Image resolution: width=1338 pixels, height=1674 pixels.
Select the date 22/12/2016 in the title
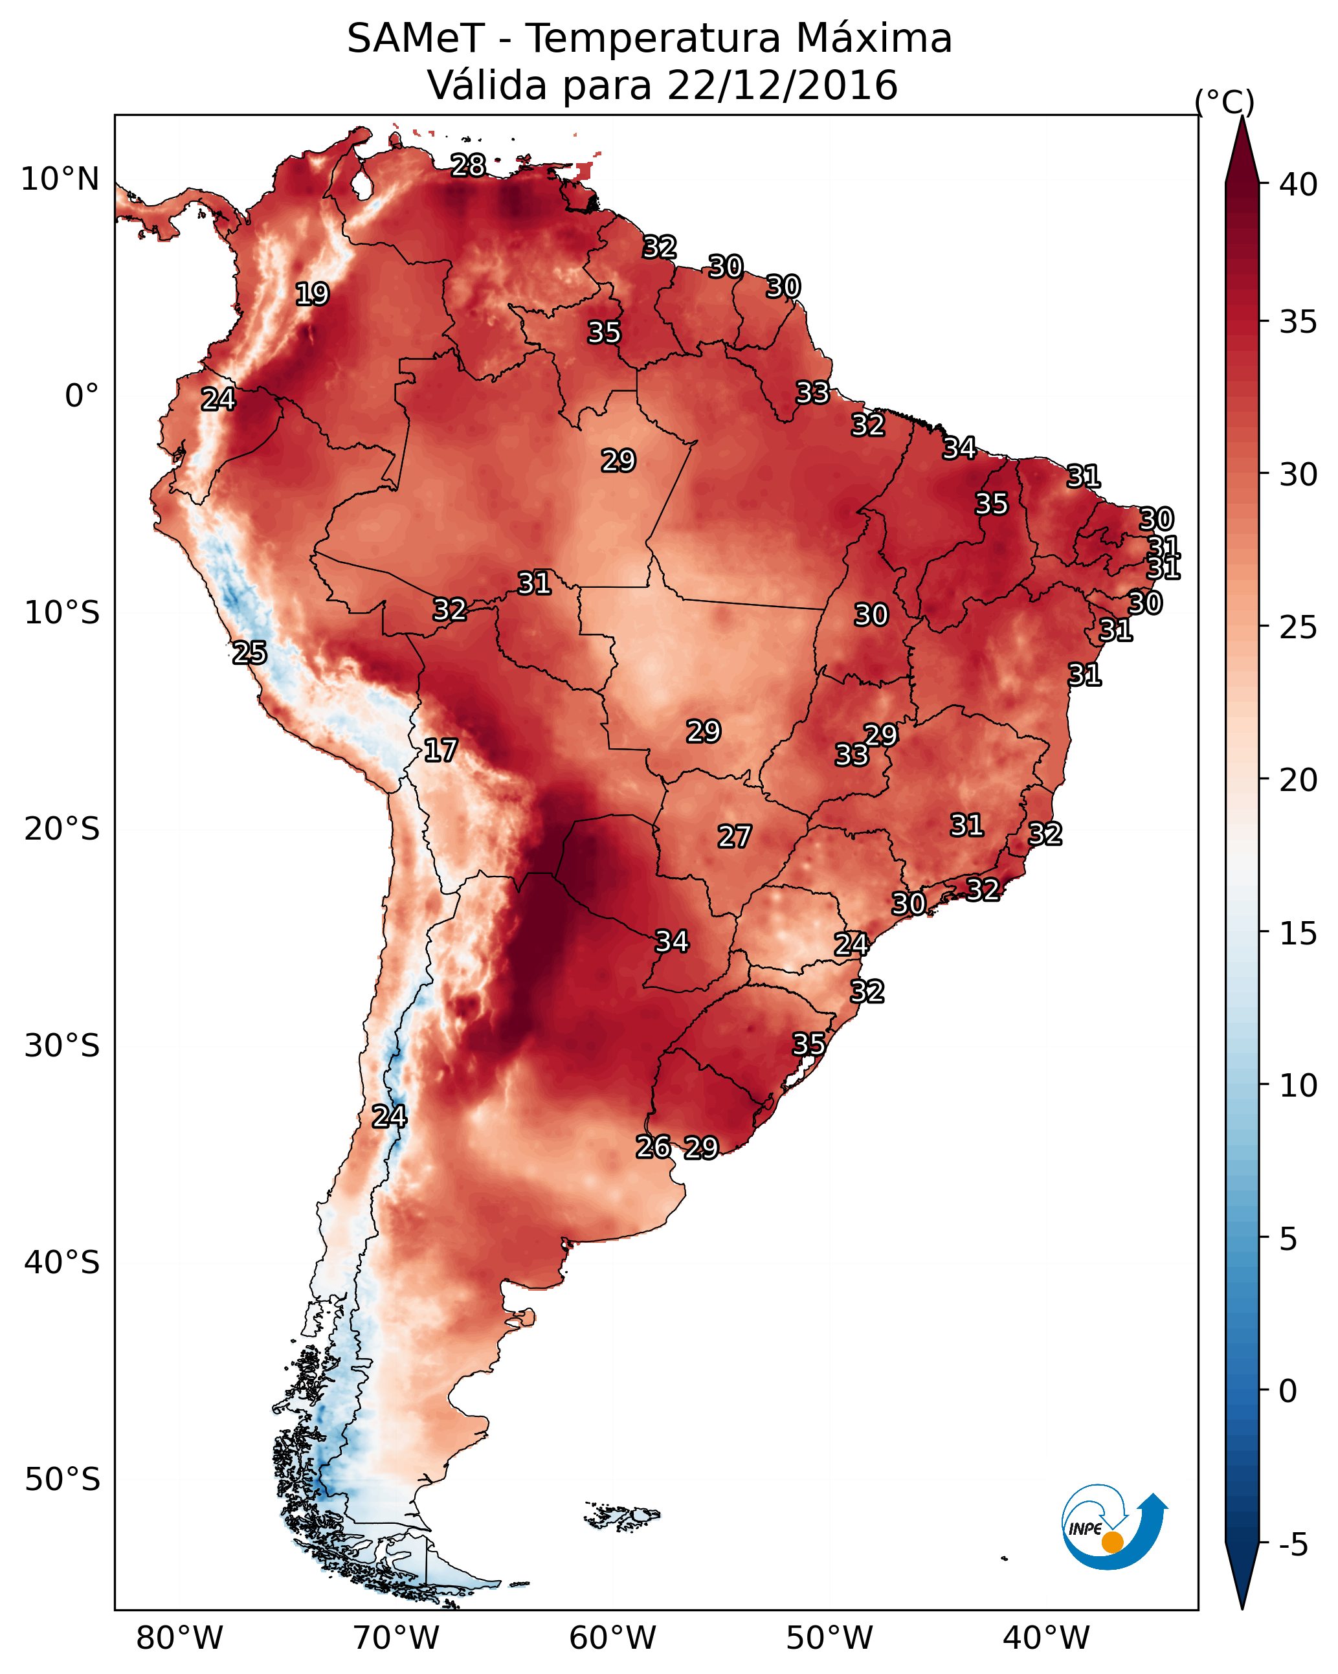[x=782, y=85]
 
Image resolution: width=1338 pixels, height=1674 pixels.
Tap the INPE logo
[x=1112, y=1529]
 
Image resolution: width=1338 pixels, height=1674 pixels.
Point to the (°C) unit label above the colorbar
[x=1224, y=102]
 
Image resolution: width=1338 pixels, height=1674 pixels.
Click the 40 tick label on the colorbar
[x=1299, y=184]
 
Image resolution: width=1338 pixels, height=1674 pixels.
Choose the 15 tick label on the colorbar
[x=1299, y=933]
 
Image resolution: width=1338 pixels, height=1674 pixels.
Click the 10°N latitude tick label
[x=60, y=179]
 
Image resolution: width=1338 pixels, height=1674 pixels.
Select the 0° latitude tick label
[x=82, y=396]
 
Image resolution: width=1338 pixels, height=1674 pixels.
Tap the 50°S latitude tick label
[x=62, y=1480]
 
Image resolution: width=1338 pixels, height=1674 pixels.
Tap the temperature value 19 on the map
[x=312, y=295]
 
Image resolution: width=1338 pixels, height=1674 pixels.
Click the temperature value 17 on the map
[x=440, y=751]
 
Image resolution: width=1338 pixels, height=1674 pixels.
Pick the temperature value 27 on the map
[x=734, y=837]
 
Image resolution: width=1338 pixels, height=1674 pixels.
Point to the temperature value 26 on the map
[x=653, y=1147]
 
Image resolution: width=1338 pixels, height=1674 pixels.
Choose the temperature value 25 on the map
[x=249, y=653]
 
